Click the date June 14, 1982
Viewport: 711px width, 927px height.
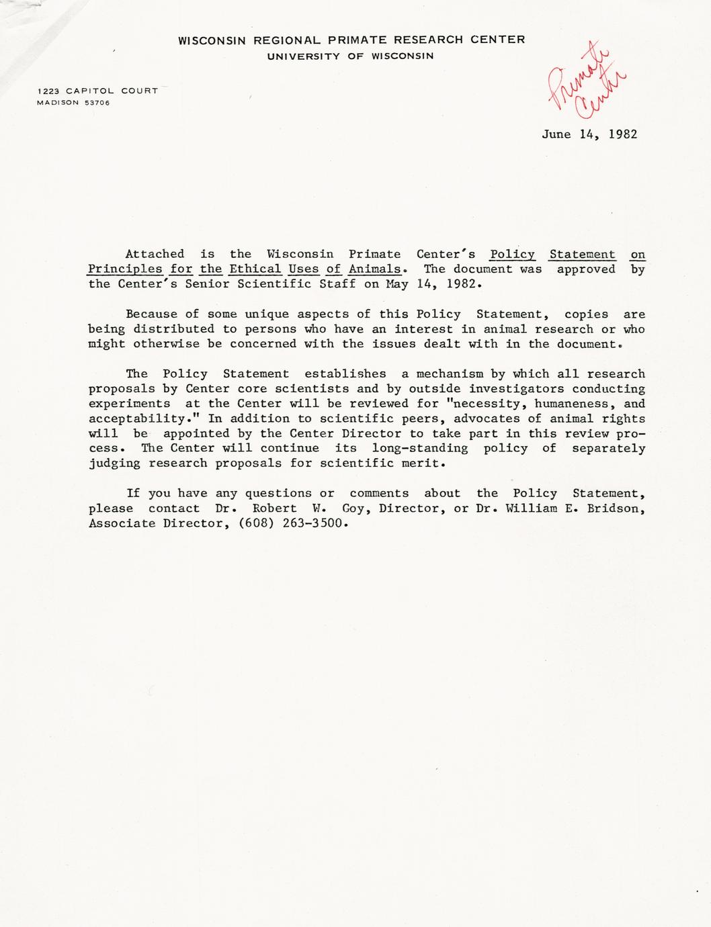[x=589, y=134]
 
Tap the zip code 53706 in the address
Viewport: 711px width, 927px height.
[x=97, y=103]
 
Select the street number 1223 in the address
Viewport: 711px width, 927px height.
[x=48, y=91]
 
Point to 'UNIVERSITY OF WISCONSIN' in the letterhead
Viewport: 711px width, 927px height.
[x=350, y=56]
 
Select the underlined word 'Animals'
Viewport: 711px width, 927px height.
[x=374, y=269]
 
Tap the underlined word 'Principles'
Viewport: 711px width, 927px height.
[x=125, y=269]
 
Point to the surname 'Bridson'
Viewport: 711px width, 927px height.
[x=616, y=509]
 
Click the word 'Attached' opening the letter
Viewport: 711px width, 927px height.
[x=155, y=254]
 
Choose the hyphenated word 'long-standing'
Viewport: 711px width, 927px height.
[x=420, y=448]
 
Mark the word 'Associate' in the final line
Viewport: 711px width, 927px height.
[x=122, y=523]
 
